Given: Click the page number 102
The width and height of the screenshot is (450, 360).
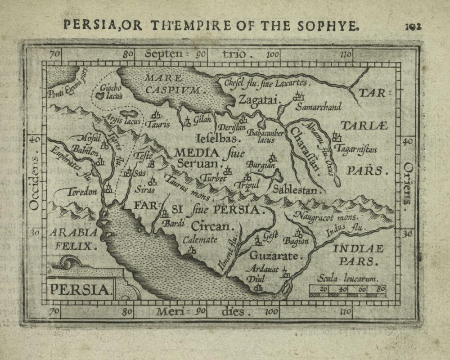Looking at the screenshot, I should point(412,26).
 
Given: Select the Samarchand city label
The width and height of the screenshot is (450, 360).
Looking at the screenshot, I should point(319,107).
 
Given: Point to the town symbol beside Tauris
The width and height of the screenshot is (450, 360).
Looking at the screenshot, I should point(157,115).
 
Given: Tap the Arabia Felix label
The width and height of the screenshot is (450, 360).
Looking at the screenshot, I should point(73,239).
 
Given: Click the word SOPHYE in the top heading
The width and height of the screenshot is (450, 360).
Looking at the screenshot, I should point(331,25).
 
